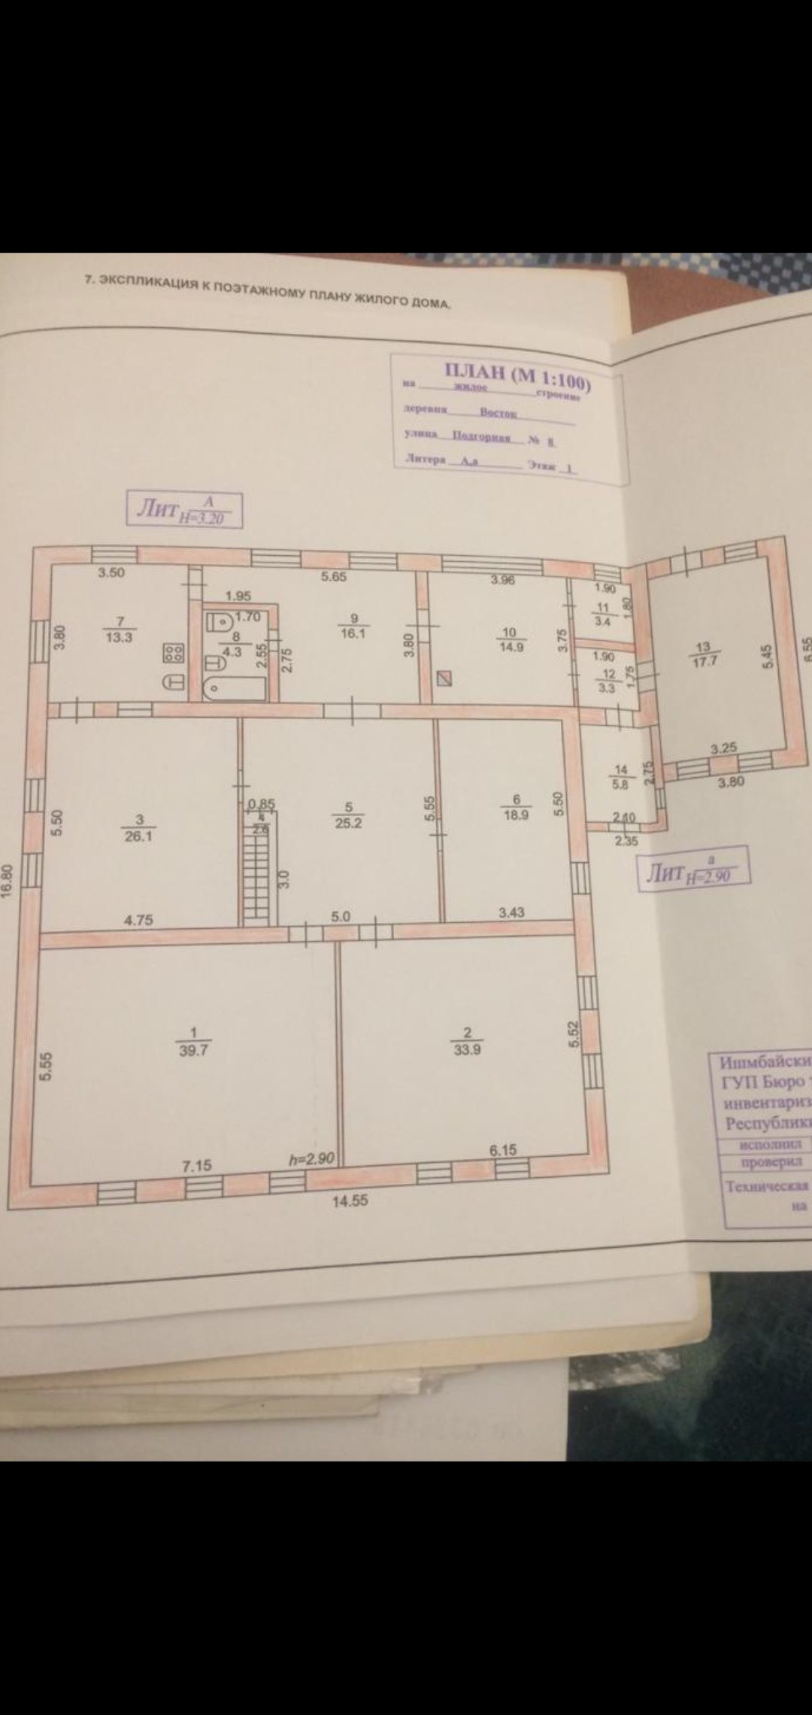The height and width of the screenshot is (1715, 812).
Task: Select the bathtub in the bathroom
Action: (x=234, y=688)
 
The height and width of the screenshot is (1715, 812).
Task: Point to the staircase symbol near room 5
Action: (x=256, y=878)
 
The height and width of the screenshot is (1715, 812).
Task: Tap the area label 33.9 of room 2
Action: (x=467, y=1050)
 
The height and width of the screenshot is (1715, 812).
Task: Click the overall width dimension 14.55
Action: (x=350, y=1200)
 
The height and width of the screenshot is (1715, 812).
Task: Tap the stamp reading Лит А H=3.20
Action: (x=184, y=510)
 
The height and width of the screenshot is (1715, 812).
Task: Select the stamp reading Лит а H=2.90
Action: (x=693, y=873)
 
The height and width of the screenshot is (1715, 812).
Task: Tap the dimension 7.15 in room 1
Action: (x=198, y=1165)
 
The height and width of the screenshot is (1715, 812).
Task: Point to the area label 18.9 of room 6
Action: (x=516, y=814)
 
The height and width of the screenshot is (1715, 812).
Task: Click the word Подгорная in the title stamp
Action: (x=481, y=437)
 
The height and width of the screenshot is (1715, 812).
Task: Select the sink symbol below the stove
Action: (x=174, y=682)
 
